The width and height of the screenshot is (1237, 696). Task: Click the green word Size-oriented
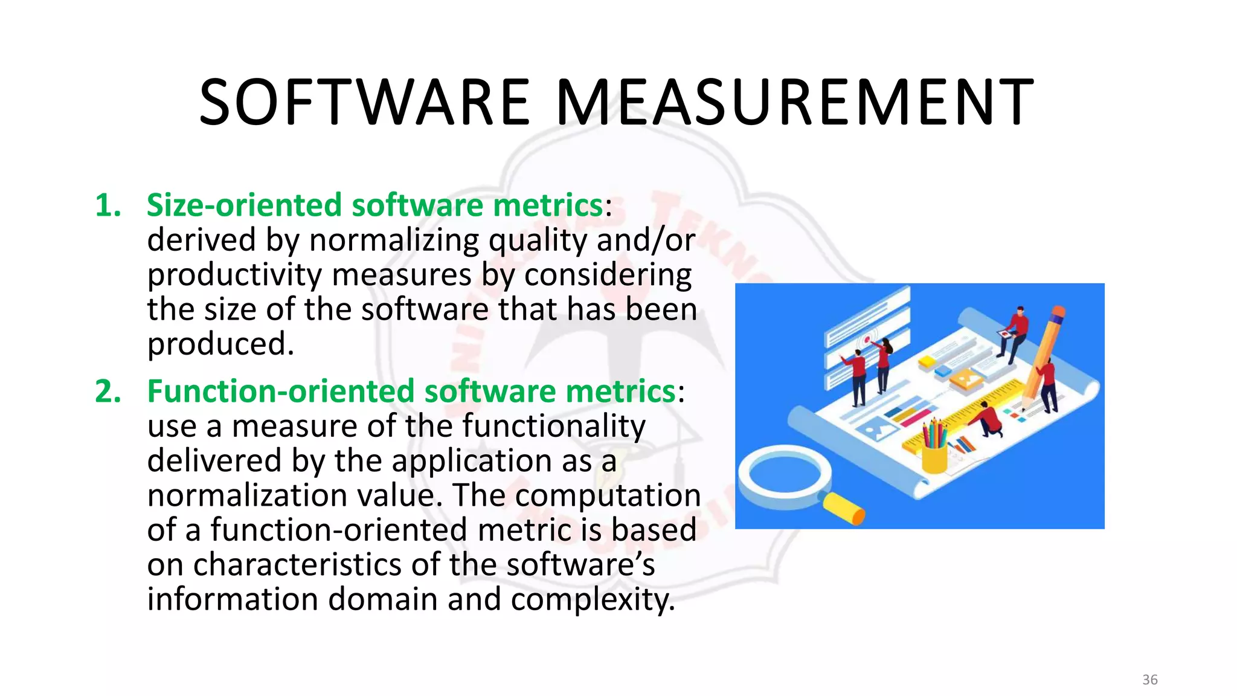tap(244, 205)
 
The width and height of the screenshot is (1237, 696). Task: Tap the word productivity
tap(234, 275)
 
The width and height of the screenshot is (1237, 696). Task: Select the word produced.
tap(220, 344)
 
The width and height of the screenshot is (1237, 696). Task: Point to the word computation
tap(608, 495)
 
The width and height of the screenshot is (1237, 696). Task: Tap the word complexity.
tap(592, 600)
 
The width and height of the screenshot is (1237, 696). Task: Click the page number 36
tap(1149, 680)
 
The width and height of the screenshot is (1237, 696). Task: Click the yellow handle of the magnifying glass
tap(844, 508)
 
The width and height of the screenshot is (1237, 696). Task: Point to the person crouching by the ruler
tap(989, 419)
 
